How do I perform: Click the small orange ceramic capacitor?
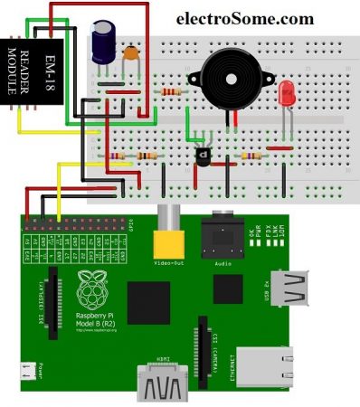click(x=130, y=55)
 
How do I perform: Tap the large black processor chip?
click(x=150, y=300)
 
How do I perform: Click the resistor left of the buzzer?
click(x=170, y=91)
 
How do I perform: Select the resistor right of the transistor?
click(x=248, y=156)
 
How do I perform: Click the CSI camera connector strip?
click(x=202, y=347)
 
